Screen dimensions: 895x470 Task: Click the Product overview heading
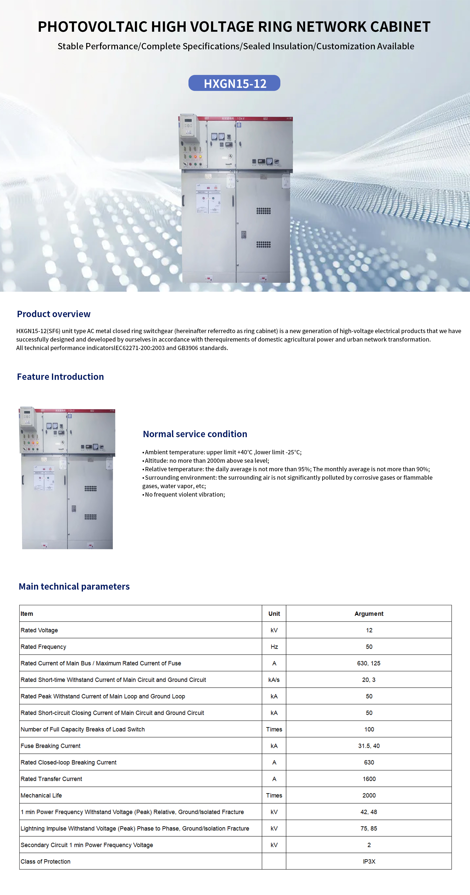coord(54,314)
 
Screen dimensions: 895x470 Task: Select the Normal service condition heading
coord(195,434)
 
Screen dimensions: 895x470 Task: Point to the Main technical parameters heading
coord(74,587)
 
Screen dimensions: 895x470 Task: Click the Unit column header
coord(274,614)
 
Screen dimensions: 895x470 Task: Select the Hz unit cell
coord(274,646)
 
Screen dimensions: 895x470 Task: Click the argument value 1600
coord(369,779)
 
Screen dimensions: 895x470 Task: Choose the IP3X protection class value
coord(369,861)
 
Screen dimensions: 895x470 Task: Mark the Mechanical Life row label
coord(41,795)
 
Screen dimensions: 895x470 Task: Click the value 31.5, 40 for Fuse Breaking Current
coord(369,746)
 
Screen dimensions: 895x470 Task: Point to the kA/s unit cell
coord(274,680)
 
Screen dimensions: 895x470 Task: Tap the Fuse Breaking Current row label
coord(50,746)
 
